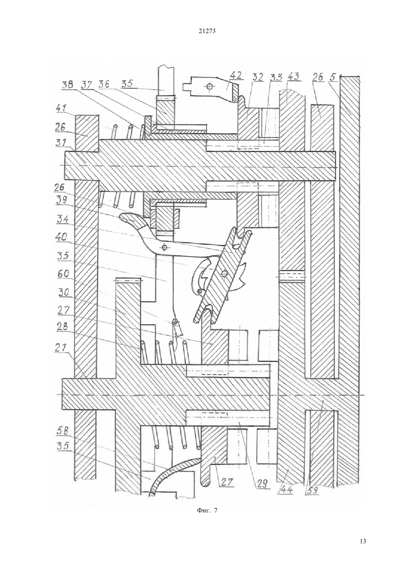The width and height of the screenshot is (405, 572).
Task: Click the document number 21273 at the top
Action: (x=207, y=31)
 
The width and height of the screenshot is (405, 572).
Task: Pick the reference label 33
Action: (x=276, y=77)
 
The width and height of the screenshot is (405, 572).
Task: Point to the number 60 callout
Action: (x=63, y=274)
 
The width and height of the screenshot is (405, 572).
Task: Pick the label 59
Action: (x=312, y=490)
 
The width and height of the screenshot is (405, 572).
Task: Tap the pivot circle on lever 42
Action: (x=209, y=86)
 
